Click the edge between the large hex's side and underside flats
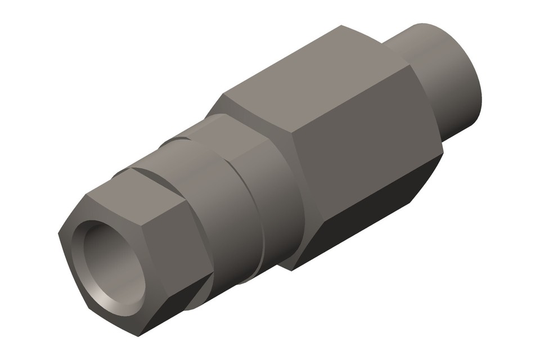click(x=371, y=191)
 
